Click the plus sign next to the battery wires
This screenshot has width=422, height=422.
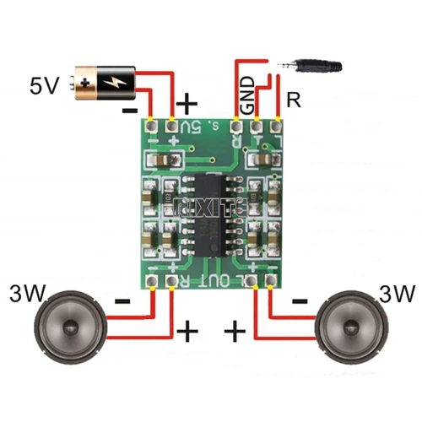coord(187,104)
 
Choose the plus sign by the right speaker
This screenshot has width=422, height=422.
coord(236,330)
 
